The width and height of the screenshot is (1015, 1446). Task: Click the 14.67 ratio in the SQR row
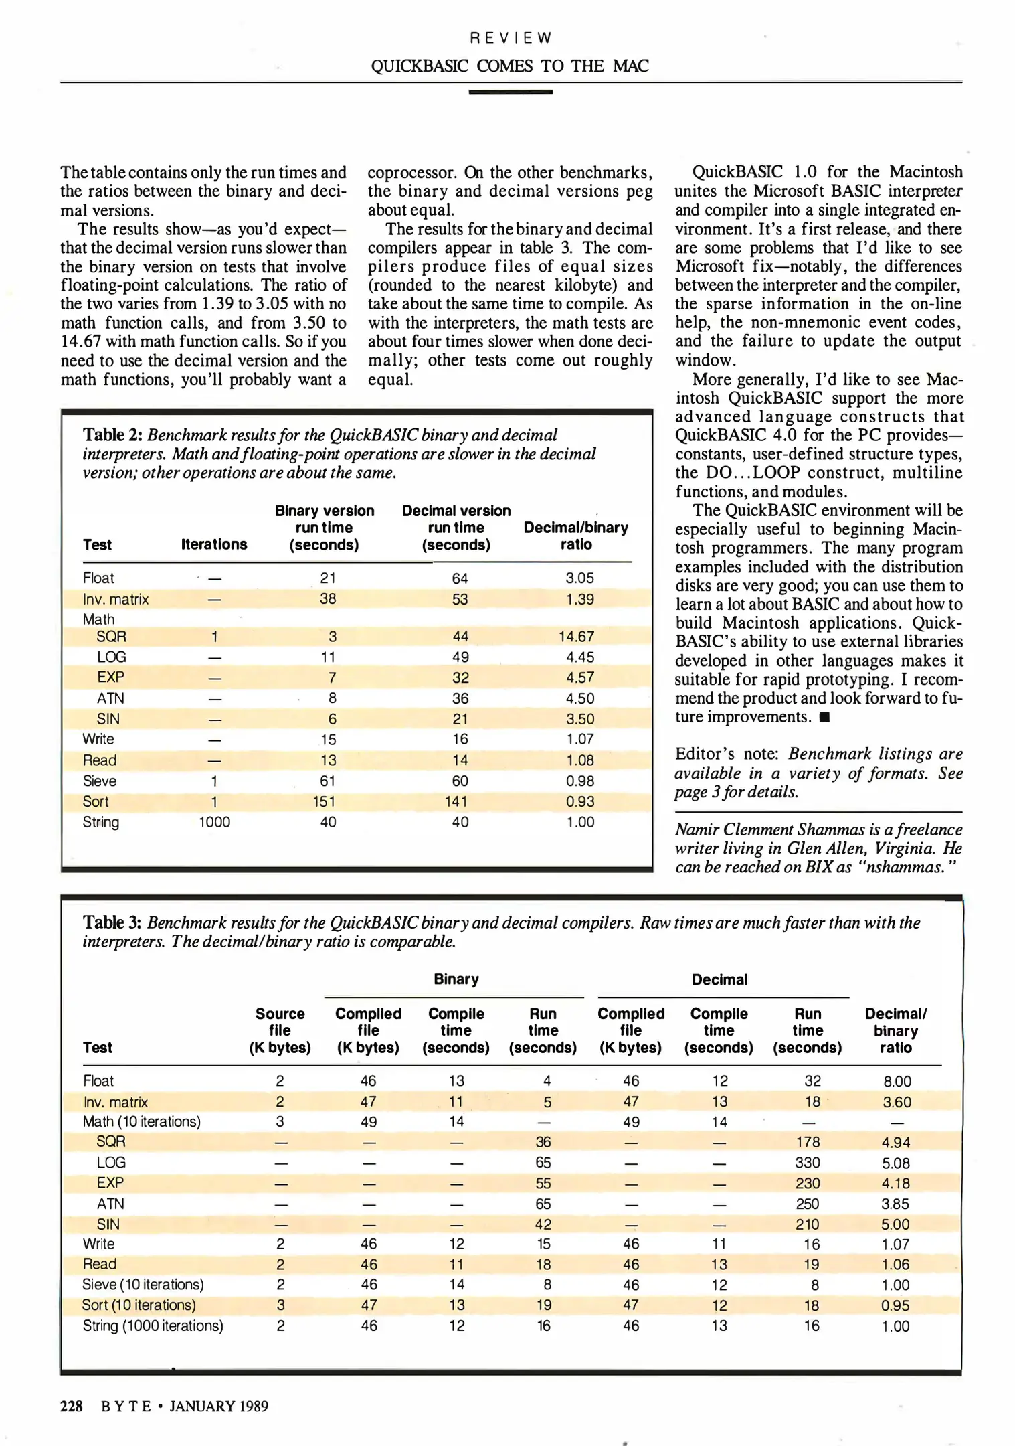(x=576, y=636)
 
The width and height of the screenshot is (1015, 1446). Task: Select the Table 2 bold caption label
(x=112, y=435)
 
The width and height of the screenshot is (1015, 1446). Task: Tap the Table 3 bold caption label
(x=112, y=922)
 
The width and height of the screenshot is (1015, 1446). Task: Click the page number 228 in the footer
(x=72, y=1406)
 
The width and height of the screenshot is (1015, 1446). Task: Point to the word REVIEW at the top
(x=511, y=38)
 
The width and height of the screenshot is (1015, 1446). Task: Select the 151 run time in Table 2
(x=324, y=801)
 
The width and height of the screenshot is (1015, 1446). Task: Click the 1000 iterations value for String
(x=214, y=822)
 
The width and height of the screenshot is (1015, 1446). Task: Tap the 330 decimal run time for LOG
(x=808, y=1163)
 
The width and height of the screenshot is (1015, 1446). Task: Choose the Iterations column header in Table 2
(x=214, y=544)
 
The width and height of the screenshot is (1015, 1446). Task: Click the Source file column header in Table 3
(x=280, y=1030)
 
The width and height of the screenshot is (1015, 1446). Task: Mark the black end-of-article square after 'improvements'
(x=824, y=718)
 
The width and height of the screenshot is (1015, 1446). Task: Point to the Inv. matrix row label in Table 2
(x=115, y=599)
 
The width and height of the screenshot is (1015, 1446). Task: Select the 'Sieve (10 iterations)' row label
(x=143, y=1284)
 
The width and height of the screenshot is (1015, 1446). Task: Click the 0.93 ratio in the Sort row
(x=579, y=801)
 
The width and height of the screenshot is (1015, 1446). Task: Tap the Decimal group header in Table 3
(x=719, y=979)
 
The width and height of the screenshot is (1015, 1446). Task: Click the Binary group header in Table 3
(x=456, y=979)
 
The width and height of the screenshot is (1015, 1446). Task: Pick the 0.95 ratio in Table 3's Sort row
(x=895, y=1305)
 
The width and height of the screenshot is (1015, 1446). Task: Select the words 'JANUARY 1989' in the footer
(x=219, y=1406)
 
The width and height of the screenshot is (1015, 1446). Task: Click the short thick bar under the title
(x=511, y=92)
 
